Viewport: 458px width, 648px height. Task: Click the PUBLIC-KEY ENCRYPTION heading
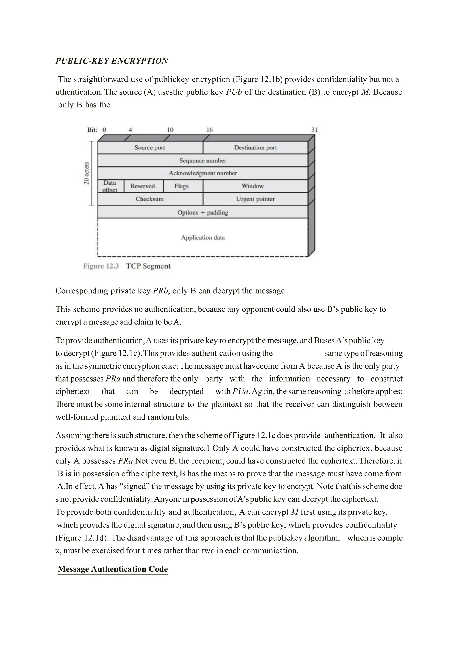112,61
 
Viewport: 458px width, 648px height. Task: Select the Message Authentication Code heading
112,569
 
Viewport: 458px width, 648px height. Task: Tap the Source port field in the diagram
149,148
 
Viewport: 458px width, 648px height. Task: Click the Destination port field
255,148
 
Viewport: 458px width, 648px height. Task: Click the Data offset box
110,186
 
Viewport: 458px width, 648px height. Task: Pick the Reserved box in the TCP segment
143,186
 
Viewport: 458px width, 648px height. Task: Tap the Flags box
181,186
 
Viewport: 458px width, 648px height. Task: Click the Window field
252,186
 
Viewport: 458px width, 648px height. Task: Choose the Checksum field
149,199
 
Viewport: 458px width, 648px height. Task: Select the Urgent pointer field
255,199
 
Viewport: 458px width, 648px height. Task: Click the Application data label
203,237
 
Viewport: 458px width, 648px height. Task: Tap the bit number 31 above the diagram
314,130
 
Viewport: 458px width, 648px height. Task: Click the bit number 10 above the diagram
170,130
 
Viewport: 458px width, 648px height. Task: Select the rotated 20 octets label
87,173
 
